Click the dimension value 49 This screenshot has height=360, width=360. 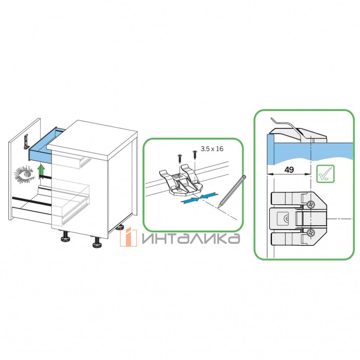pos(289,169)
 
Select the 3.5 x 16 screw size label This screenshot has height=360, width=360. pos(212,149)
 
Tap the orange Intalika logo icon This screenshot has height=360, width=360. pos(128,237)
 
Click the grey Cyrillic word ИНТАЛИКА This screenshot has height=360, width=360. pos(190,238)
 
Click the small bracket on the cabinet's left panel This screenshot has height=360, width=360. pos(26,142)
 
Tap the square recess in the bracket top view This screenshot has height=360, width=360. pos(282,218)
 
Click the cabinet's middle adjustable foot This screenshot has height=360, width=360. pos(97,242)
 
